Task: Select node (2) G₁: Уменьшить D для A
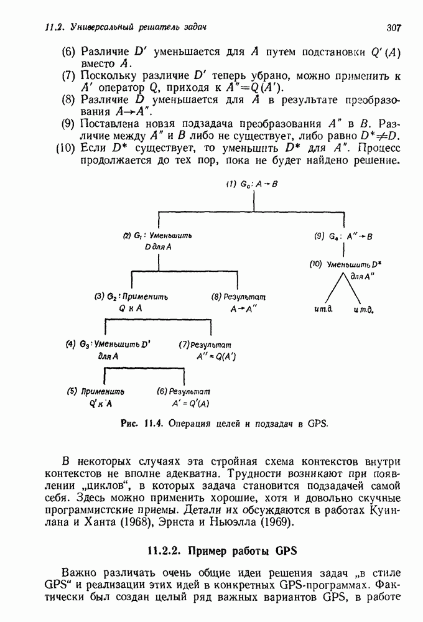(x=158, y=241)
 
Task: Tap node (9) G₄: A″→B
(x=344, y=236)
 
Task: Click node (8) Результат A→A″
(x=230, y=302)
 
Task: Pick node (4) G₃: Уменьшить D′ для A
(x=109, y=350)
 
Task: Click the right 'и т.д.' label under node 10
(x=365, y=309)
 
